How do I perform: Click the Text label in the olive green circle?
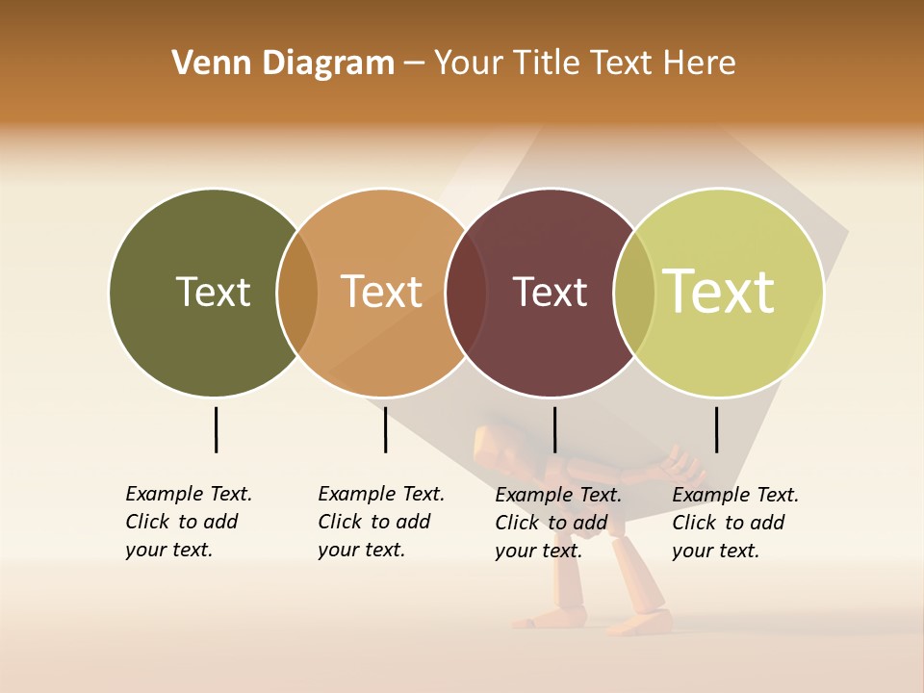point(213,292)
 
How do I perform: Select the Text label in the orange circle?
point(382,292)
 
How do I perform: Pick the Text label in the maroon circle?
point(550,292)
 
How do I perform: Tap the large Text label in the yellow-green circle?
point(719,292)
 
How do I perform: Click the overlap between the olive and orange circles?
point(297,293)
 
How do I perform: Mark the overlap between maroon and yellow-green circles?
point(634,293)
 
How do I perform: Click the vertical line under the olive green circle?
point(216,429)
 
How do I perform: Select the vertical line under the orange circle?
point(385,429)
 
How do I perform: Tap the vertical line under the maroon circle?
point(554,429)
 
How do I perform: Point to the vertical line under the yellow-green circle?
point(716,429)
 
